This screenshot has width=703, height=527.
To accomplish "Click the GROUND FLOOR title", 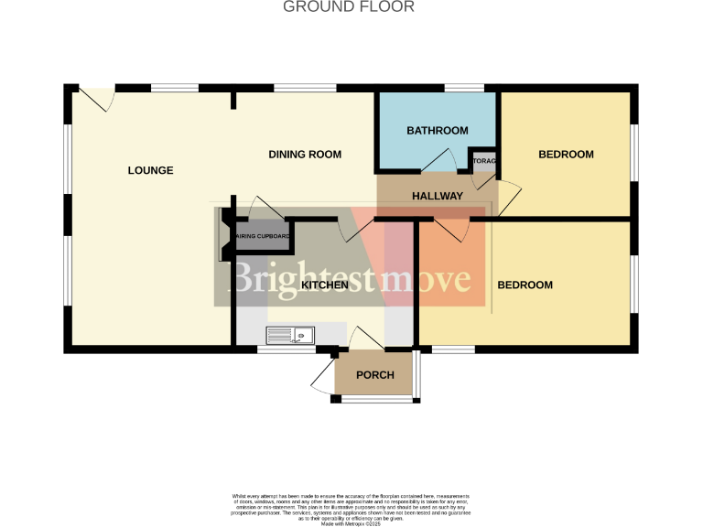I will pos(349,7).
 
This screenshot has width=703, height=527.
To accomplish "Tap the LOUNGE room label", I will pos(150,170).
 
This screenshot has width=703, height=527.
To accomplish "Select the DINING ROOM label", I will pos(305,155).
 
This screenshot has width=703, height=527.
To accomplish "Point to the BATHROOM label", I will pos(437,131).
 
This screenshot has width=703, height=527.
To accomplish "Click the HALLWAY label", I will pos(437,197).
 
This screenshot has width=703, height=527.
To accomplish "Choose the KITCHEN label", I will pos(324,285).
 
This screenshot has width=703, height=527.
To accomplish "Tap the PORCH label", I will pos(374,375).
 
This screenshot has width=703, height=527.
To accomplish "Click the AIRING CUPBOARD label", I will pos(264,238).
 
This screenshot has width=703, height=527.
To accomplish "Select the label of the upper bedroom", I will pos(566,155).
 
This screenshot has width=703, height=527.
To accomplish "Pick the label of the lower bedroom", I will pos(525,285).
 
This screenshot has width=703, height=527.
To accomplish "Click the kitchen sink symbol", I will pos(290,336).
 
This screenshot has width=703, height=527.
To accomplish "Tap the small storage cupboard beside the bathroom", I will pos(483,162).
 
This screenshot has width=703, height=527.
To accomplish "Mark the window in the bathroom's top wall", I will pos(465,88).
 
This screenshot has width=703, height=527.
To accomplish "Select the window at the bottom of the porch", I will pos(375,400).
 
